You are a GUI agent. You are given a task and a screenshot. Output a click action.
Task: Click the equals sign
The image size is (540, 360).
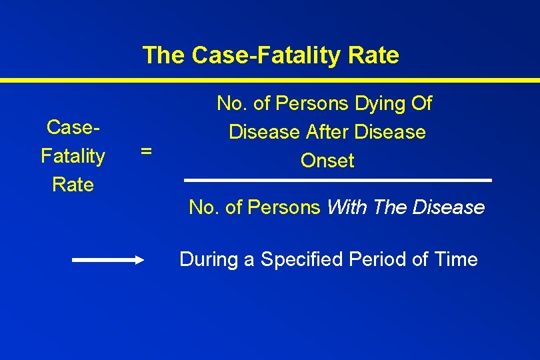(x=146, y=152)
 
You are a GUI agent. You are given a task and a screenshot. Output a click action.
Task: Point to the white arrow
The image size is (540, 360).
(x=107, y=261)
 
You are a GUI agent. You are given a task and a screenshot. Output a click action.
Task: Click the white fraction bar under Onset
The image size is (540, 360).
(x=337, y=180)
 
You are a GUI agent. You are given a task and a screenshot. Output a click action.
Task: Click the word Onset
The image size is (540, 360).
(x=327, y=161)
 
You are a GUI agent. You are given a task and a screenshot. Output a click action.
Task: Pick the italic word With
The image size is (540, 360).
(x=347, y=208)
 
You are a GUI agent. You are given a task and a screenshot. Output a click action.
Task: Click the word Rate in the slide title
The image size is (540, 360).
(x=373, y=55)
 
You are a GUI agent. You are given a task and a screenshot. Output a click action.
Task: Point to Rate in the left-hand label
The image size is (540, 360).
(x=73, y=185)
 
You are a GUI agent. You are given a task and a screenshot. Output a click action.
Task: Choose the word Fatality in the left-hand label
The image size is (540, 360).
(x=73, y=156)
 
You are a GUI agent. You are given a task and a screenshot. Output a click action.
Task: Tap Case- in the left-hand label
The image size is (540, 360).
(x=73, y=127)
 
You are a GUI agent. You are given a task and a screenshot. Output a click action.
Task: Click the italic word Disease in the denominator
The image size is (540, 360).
(x=449, y=208)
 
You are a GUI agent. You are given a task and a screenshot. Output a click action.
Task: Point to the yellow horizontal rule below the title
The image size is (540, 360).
(x=270, y=80)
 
